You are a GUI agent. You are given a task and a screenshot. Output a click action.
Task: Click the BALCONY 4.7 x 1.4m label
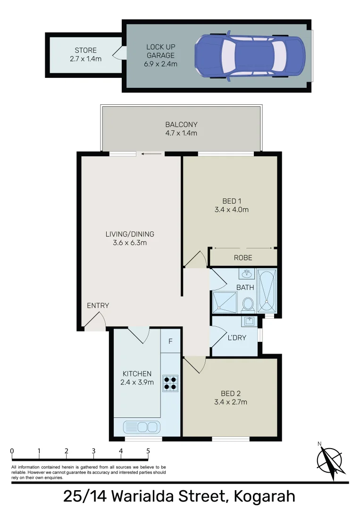click(181, 129)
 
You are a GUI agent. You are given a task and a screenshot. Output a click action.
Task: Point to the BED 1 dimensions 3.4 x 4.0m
click(232, 210)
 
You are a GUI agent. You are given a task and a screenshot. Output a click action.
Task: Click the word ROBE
click(243, 258)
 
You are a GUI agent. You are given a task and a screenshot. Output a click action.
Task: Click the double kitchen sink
click(141, 427)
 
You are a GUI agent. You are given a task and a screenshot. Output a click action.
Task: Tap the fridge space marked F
click(170, 341)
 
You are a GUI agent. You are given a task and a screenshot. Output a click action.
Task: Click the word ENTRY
click(98, 306)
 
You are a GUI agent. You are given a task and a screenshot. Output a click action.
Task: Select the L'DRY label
click(237, 338)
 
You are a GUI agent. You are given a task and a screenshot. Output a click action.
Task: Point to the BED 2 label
click(231, 393)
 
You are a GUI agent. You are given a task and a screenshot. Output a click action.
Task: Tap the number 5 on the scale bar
click(148, 451)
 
